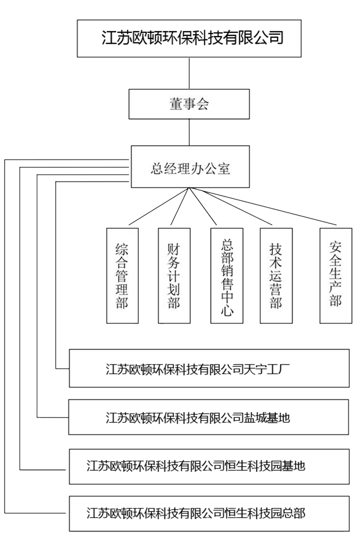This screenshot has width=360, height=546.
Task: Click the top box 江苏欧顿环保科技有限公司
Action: [189, 38]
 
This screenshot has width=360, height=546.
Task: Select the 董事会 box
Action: [189, 104]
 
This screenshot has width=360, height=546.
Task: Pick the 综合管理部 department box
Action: [122, 275]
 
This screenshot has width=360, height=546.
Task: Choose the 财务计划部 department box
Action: [174, 275]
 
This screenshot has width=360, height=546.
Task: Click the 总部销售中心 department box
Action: [226, 275]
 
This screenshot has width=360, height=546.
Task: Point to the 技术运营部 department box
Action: [276, 275]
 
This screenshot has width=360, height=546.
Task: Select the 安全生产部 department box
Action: [336, 275]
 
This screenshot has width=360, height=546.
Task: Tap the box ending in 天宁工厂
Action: [209, 368]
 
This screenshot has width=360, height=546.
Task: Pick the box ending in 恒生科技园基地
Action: [209, 466]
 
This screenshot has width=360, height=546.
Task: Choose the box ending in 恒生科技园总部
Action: [209, 513]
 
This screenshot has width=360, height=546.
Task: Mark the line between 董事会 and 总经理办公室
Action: [189, 133]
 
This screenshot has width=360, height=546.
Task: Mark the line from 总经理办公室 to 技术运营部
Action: [231, 206]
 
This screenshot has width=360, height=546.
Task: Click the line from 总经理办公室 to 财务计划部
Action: [180, 206]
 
